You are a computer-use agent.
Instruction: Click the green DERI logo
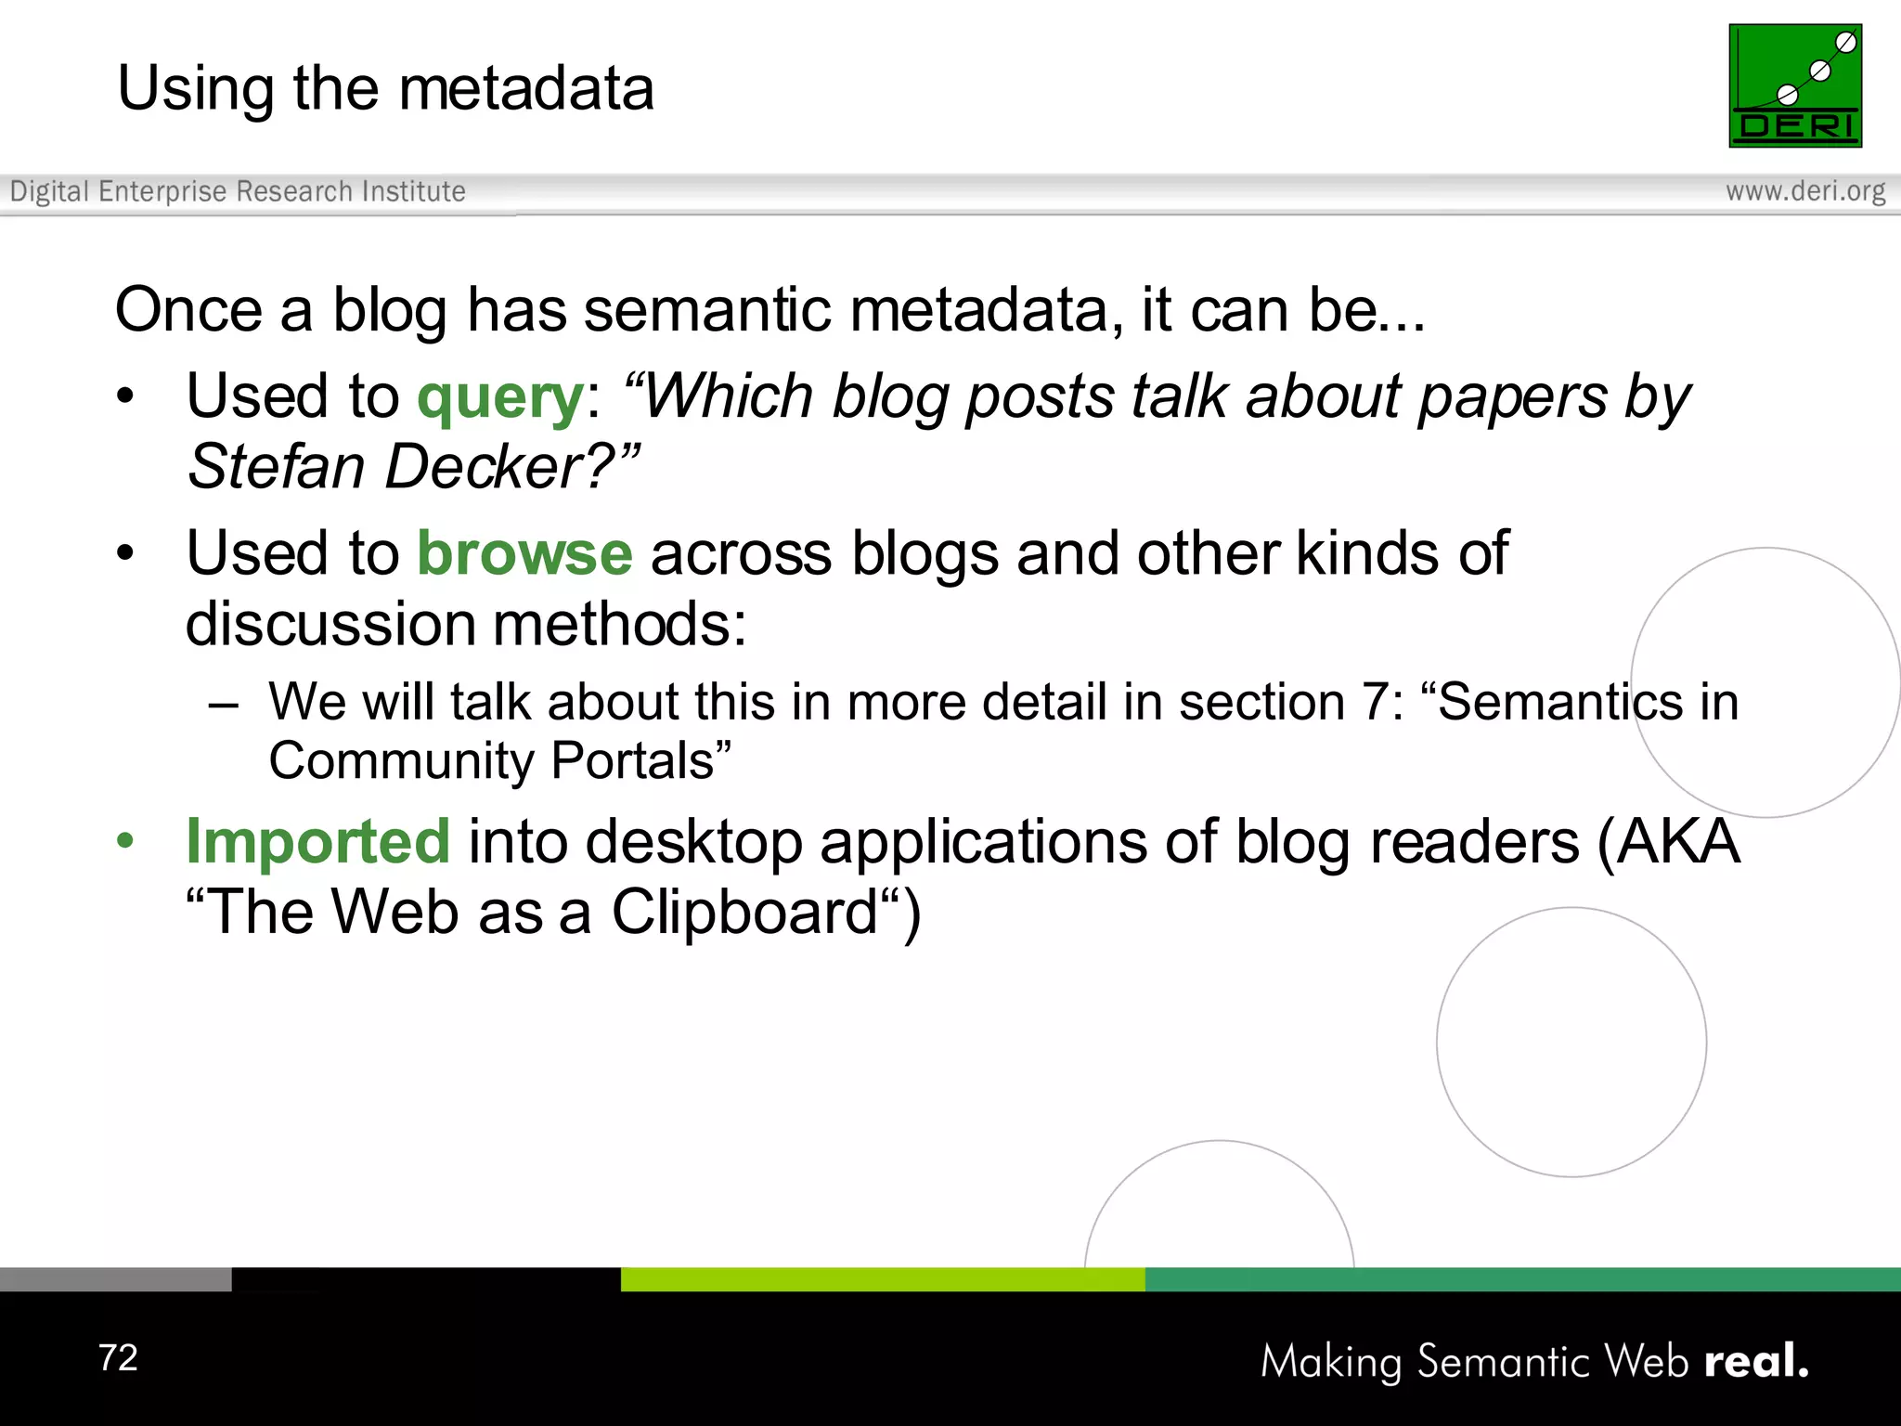tap(1795, 85)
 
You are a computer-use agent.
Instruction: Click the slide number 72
tap(119, 1357)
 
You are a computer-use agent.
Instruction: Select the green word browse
tap(525, 554)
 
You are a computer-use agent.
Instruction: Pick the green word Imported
tap(318, 842)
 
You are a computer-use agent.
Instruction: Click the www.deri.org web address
tap(1805, 191)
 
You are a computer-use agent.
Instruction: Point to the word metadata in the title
tap(526, 89)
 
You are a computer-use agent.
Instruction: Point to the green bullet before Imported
tap(125, 841)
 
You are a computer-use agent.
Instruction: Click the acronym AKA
tap(1678, 842)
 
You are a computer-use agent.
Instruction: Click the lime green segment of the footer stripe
tap(882, 1279)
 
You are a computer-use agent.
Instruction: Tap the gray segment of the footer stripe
tap(115, 1279)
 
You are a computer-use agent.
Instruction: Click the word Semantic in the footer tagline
tap(1505, 1362)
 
